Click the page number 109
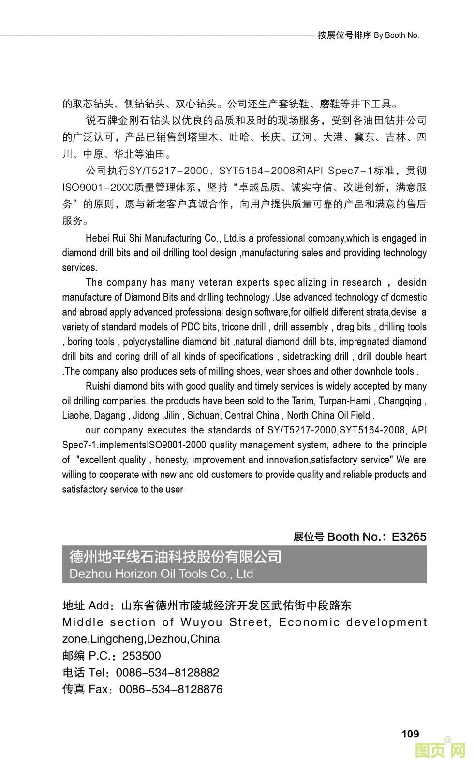[410, 734]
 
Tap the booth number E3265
[409, 537]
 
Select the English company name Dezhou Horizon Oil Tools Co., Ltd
[161, 574]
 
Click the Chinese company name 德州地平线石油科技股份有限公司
[175, 557]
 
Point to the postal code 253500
[141, 656]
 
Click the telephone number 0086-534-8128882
[167, 673]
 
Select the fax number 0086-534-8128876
[171, 689]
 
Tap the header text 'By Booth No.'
[397, 35]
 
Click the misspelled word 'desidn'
[412, 282]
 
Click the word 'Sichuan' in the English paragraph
[203, 416]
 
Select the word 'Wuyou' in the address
[201, 622]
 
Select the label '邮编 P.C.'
[89, 656]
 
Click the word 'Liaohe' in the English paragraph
[76, 416]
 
